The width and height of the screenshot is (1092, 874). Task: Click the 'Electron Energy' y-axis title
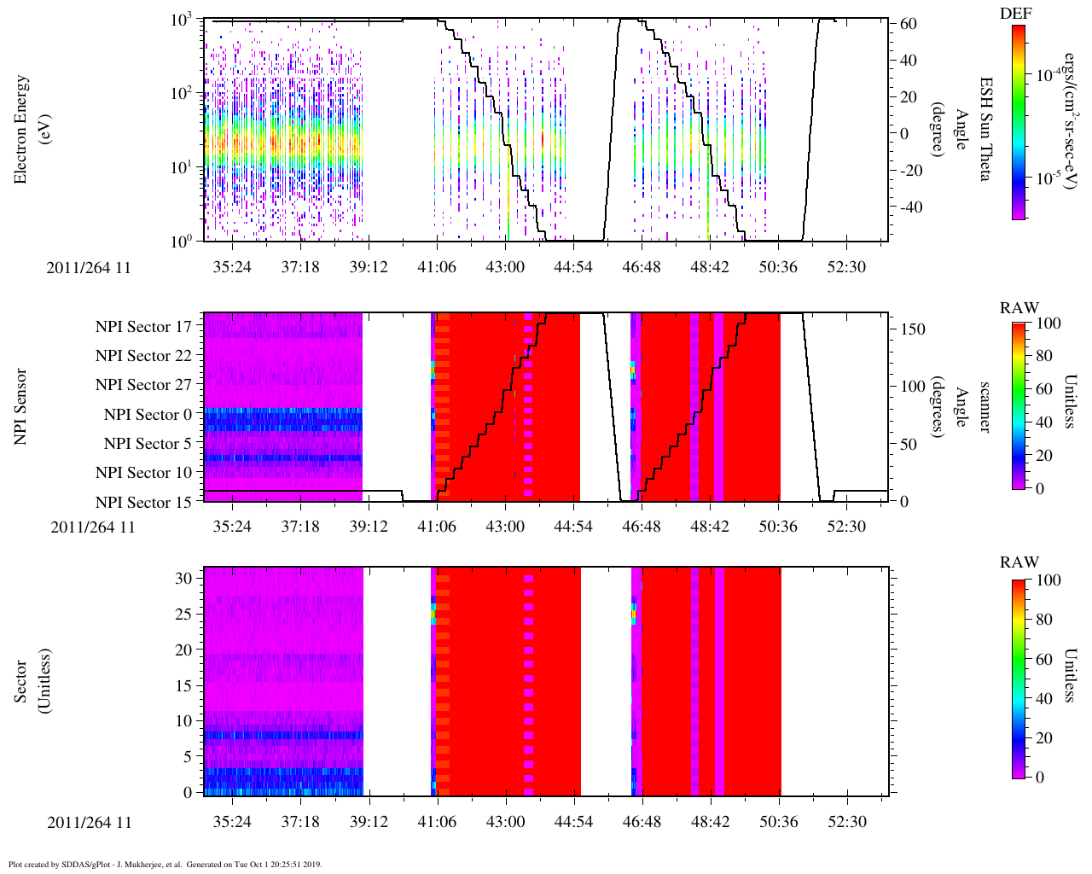[22, 130]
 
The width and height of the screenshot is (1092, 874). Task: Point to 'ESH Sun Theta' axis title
[985, 129]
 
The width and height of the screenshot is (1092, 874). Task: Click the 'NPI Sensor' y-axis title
[22, 406]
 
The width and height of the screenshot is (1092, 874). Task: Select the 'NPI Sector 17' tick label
[143, 327]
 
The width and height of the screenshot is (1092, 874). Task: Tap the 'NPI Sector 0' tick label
[148, 415]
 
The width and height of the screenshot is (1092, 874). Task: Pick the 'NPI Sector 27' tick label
[143, 385]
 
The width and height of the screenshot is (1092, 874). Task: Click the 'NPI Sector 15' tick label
[143, 503]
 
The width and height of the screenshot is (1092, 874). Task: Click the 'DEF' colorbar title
[1016, 14]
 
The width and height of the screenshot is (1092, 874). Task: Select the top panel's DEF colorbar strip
[1018, 122]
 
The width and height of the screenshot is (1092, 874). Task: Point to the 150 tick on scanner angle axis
[913, 329]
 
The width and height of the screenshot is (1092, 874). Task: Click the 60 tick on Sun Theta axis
[908, 24]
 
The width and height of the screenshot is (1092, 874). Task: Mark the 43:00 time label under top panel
[505, 267]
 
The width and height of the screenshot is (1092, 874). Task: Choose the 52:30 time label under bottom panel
[846, 822]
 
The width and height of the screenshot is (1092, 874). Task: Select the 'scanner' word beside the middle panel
[985, 406]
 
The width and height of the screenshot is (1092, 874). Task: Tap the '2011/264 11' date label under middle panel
[93, 527]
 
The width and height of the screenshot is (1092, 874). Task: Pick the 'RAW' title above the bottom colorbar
[1019, 562]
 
